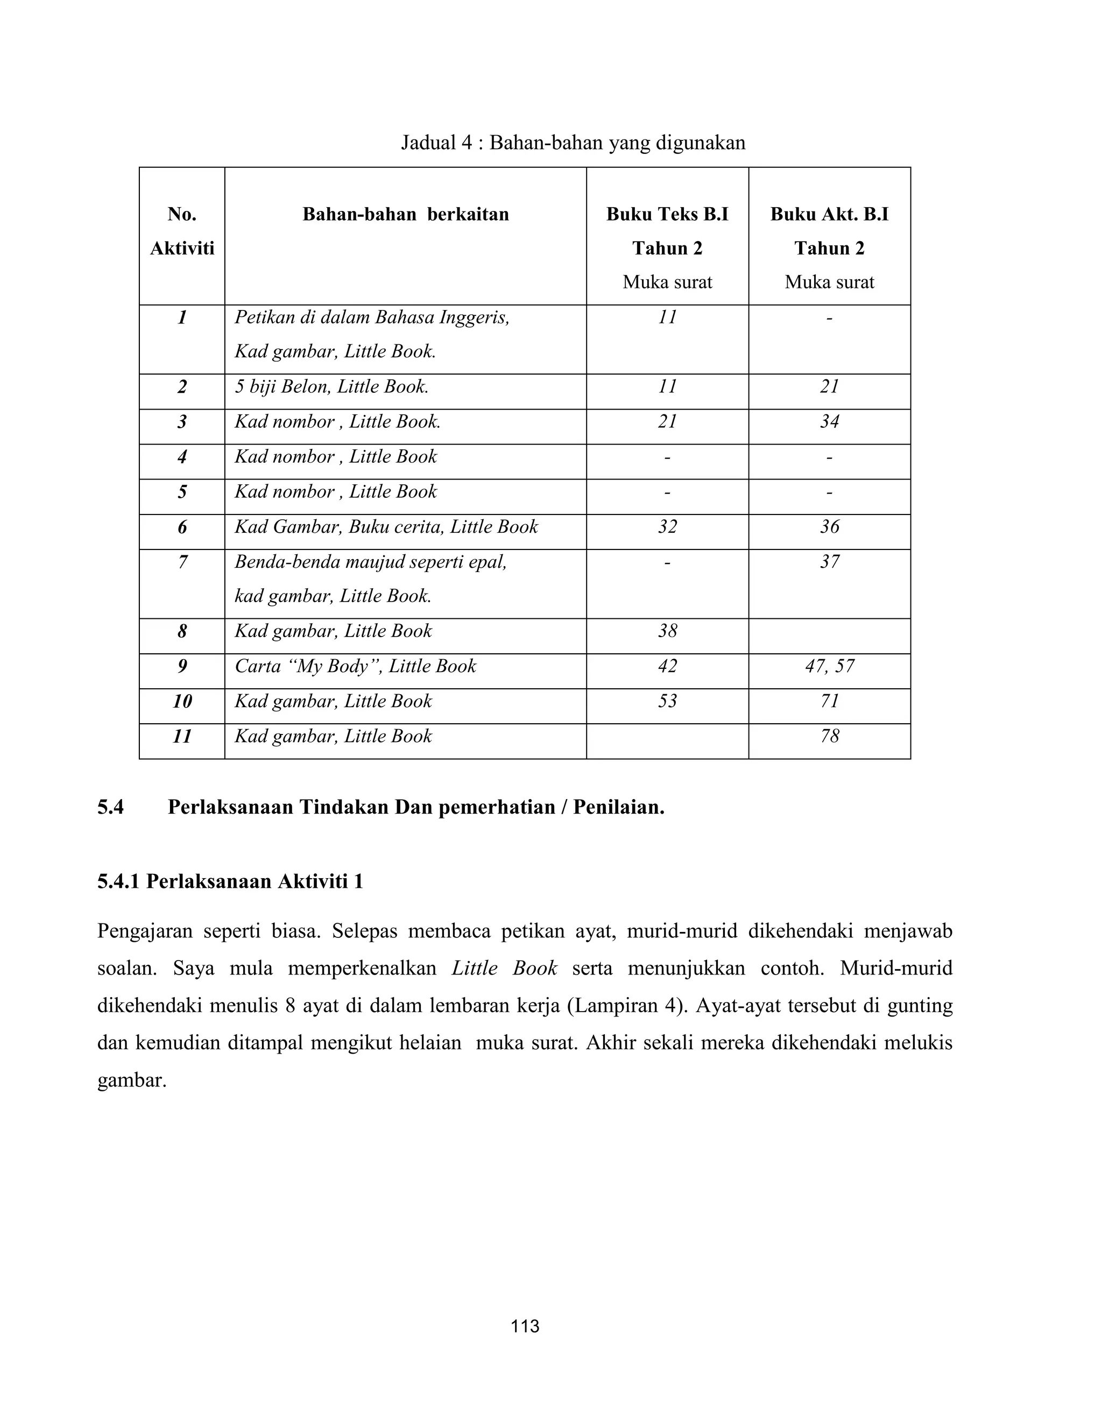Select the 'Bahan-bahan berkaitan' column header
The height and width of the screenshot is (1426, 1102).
(x=405, y=214)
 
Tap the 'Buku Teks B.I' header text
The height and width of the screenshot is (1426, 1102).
(x=667, y=214)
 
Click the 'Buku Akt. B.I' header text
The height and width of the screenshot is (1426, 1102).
(x=829, y=214)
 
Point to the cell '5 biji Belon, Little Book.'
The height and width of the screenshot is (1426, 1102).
(x=331, y=386)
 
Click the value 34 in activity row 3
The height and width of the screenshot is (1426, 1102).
(x=829, y=422)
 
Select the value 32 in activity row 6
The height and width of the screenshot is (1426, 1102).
(x=667, y=527)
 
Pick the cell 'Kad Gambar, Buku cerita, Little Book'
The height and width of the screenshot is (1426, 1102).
(x=386, y=527)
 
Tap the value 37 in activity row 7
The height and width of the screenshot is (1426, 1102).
(x=829, y=562)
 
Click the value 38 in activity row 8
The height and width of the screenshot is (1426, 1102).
(x=667, y=631)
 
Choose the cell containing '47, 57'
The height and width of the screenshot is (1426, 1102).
(x=829, y=666)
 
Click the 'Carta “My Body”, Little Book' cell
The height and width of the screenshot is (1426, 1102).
(x=356, y=666)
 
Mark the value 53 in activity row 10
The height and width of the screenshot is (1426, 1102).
(x=667, y=701)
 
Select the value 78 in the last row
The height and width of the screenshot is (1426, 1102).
(x=829, y=737)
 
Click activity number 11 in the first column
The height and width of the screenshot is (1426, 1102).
(x=182, y=737)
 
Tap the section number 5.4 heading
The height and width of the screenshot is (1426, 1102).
(x=110, y=808)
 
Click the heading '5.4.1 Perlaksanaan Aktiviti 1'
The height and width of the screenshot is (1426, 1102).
(x=230, y=881)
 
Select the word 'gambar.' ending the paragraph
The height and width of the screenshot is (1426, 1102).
(x=132, y=1081)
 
